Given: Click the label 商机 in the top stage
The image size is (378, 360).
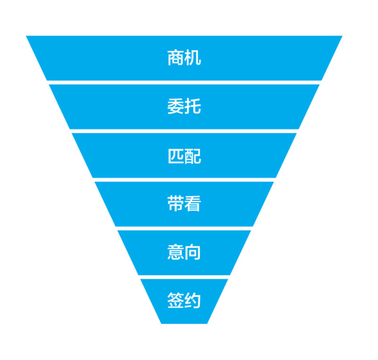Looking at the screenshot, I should [x=184, y=58].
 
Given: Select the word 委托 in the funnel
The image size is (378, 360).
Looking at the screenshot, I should [x=184, y=106].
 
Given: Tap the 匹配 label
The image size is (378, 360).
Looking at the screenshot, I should [x=184, y=155].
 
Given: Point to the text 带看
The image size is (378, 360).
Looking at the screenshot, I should [x=184, y=204].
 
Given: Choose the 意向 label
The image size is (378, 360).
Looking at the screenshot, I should [x=184, y=252].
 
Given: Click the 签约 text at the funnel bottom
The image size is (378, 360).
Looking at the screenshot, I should [x=184, y=301].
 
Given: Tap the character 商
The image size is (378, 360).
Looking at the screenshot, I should [x=175, y=58].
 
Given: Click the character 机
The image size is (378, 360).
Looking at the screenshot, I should [x=193, y=58].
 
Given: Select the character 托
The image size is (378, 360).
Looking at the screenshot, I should [x=193, y=106].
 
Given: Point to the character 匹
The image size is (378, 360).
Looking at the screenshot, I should [x=175, y=155].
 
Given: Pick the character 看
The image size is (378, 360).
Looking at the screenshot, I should [x=193, y=204].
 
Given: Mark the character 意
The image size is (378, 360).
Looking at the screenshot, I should [x=175, y=252].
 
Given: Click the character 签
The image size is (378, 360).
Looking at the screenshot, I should [x=175, y=301].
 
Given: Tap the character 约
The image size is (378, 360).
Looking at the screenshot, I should [x=193, y=301].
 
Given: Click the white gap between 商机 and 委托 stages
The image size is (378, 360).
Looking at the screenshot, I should [x=184, y=82].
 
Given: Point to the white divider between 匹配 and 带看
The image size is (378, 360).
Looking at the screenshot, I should [x=184, y=180].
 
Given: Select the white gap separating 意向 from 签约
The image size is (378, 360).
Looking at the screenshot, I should [x=184, y=277].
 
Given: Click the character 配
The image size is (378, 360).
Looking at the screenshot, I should [x=193, y=155].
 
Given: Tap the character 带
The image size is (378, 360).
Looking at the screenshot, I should [x=175, y=204].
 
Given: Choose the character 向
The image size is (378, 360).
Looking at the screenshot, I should [x=193, y=252].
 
